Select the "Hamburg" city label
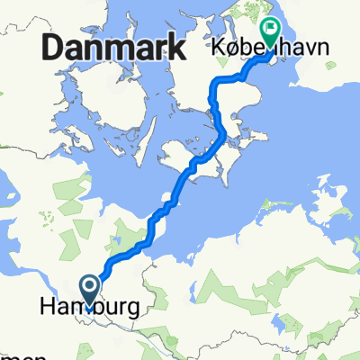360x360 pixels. click(90, 307)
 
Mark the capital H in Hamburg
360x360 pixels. click(49, 307)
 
